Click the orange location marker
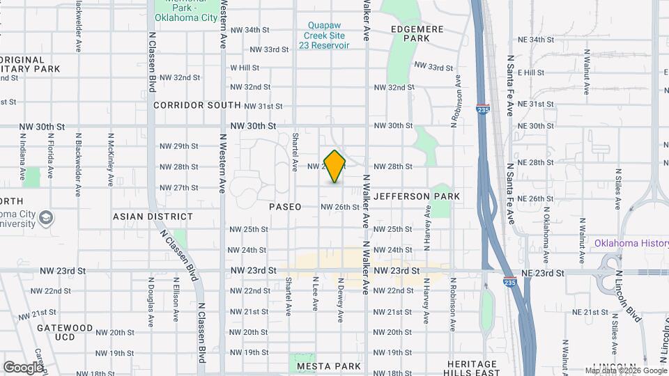(334, 166)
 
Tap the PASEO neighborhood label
(286, 207)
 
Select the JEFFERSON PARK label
(417, 196)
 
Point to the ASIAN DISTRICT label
(142, 217)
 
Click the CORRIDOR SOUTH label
(197, 105)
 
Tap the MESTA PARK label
(328, 366)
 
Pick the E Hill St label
(530, 72)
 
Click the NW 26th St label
(340, 207)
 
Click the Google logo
(23, 367)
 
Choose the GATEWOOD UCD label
(65, 332)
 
